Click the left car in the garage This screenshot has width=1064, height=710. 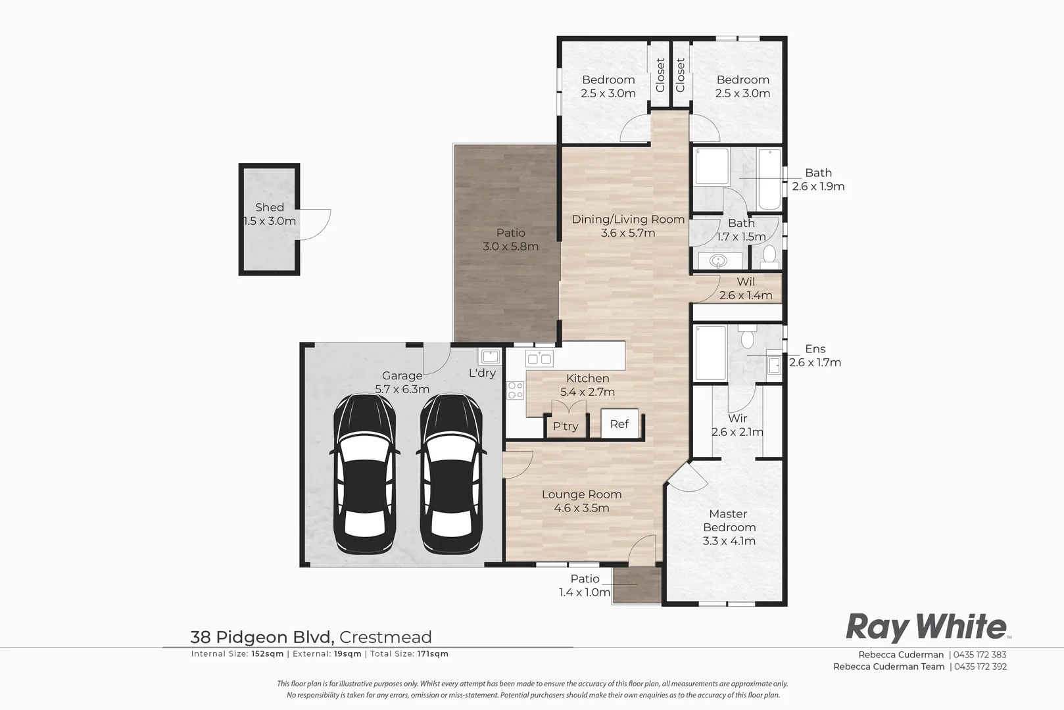point(365,475)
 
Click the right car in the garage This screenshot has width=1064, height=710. point(450,475)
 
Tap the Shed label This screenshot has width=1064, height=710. point(270,207)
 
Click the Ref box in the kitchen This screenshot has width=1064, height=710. point(619,424)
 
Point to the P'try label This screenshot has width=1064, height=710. point(566,426)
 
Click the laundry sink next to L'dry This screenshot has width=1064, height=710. point(490,356)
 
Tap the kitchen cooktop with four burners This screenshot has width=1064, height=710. point(515,390)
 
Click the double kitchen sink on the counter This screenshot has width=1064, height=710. point(539,358)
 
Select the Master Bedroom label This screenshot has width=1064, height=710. point(729,521)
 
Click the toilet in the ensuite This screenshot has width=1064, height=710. point(747,339)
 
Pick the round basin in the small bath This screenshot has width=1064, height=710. point(719,261)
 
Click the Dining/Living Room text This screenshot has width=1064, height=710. point(628,219)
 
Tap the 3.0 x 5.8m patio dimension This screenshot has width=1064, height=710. point(510,247)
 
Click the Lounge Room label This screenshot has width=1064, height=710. point(581,494)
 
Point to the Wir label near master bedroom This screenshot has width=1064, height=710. point(737,418)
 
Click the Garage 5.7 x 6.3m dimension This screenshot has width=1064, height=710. point(402,389)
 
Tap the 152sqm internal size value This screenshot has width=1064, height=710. point(267,654)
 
